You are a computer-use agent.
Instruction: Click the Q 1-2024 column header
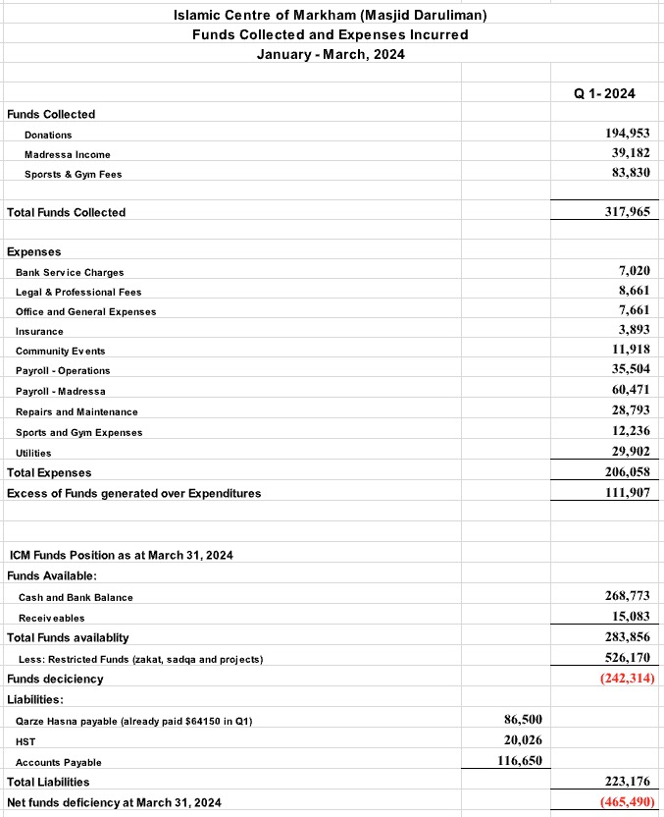click(x=604, y=93)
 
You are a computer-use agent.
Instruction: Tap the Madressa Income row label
click(x=68, y=154)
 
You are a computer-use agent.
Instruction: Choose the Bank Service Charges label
click(x=70, y=272)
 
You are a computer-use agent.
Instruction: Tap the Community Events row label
click(x=60, y=351)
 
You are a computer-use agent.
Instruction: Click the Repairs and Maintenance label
click(x=77, y=411)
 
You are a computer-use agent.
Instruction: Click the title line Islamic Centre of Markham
click(x=330, y=15)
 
